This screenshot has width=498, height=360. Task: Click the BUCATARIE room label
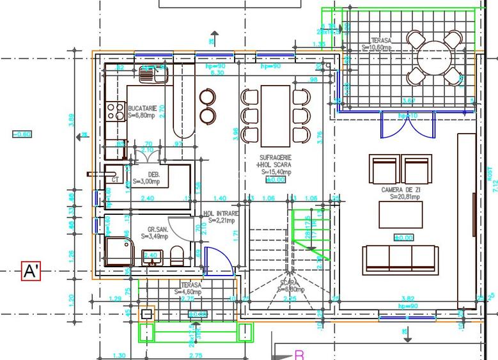tap(141, 112)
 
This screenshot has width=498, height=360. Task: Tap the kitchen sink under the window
tap(153, 75)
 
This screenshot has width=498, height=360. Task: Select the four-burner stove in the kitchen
tap(116, 112)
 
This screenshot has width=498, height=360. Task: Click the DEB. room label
tap(154, 178)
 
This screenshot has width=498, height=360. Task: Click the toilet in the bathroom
tap(178, 255)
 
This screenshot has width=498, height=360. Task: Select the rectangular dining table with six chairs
tap(276, 115)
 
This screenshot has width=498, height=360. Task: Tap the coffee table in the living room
tap(400, 215)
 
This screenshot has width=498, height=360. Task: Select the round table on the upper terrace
tap(435, 59)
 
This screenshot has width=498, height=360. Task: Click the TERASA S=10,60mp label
tap(377, 43)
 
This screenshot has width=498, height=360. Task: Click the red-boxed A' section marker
tap(31, 271)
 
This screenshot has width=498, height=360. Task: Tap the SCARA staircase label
tap(289, 285)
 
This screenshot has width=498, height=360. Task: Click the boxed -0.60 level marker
tap(22, 134)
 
